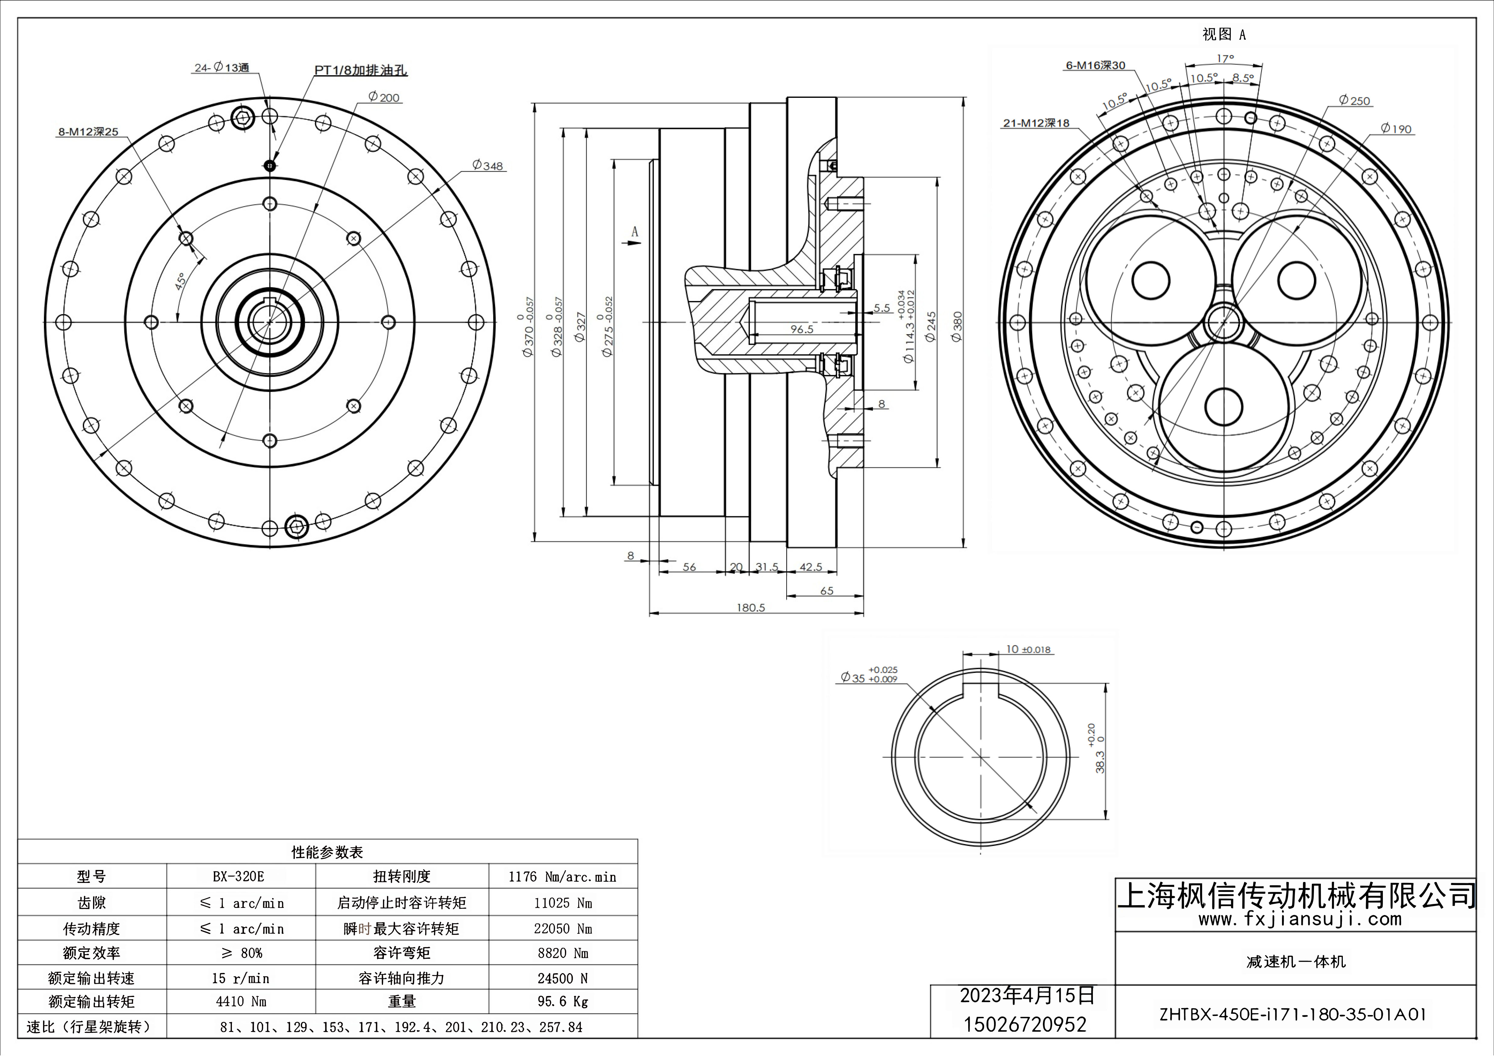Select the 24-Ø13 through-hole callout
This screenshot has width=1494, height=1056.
(x=222, y=68)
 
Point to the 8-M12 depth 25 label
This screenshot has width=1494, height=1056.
(x=89, y=132)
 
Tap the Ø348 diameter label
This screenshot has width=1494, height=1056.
(x=488, y=166)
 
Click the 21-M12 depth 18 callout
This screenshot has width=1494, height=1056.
(x=1036, y=123)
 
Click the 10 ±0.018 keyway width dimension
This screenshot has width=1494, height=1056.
(x=1028, y=650)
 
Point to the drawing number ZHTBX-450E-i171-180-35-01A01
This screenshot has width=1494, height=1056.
(x=1293, y=1014)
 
